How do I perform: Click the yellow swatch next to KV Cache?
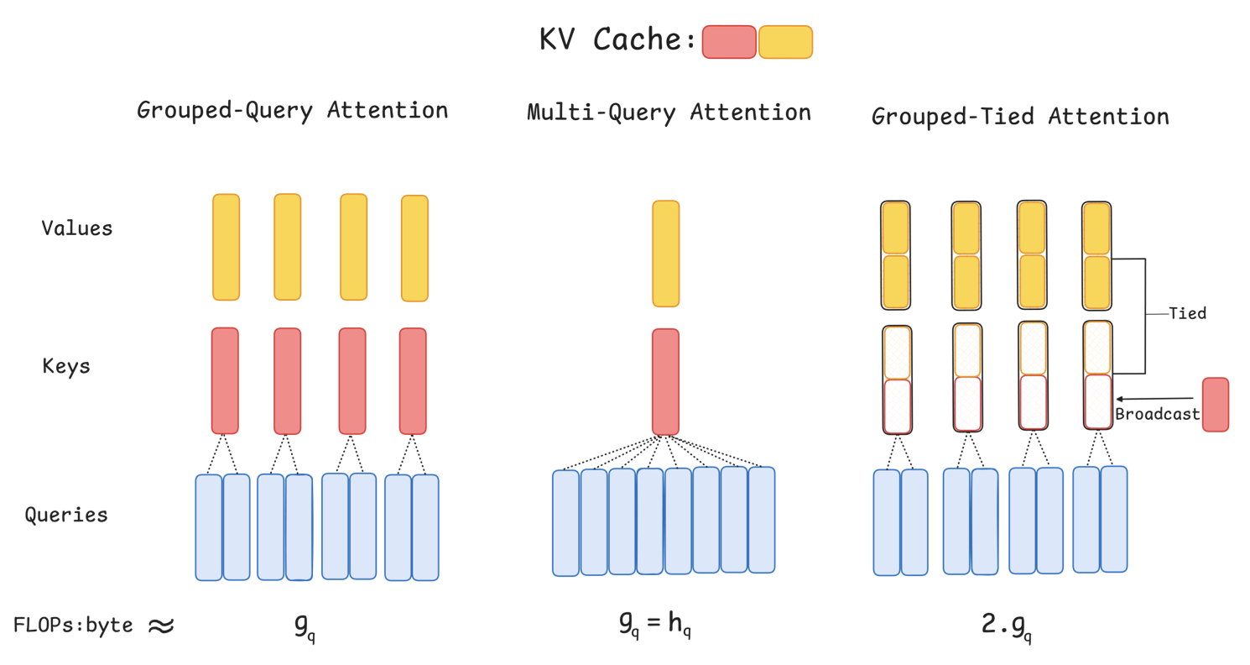click(785, 42)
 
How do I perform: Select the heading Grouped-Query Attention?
click(292, 110)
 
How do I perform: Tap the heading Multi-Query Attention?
click(669, 112)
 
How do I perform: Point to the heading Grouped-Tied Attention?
click(1020, 116)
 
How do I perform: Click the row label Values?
click(76, 228)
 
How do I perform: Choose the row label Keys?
click(65, 366)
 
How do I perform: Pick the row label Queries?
click(66, 514)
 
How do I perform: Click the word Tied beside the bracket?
click(1187, 313)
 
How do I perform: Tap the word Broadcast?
click(1157, 414)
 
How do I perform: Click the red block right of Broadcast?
click(1215, 405)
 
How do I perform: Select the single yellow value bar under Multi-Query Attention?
click(665, 254)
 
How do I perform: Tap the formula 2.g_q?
click(1006, 626)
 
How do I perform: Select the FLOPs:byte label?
click(73, 625)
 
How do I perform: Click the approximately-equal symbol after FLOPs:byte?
click(160, 626)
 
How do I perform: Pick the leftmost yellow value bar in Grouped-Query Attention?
click(226, 247)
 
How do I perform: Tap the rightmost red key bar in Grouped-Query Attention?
click(413, 380)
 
